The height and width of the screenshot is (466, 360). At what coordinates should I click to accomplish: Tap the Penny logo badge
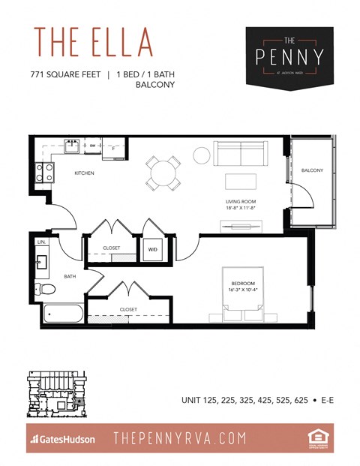(x=289, y=56)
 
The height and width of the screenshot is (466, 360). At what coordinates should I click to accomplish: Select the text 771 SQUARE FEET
(x=66, y=74)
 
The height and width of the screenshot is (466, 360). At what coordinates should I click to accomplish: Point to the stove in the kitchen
(x=45, y=173)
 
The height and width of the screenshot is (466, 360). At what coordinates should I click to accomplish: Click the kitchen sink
(x=73, y=145)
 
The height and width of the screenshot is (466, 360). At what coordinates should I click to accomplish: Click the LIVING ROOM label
(x=241, y=201)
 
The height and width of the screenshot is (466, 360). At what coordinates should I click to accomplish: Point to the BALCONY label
(x=311, y=170)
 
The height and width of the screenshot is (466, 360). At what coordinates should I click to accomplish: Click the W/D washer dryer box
(x=152, y=249)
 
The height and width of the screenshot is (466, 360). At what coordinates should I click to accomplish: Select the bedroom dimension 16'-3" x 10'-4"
(x=242, y=289)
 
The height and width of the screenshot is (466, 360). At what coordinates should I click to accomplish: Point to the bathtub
(x=61, y=314)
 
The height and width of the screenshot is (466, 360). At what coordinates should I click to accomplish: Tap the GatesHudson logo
(x=62, y=439)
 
